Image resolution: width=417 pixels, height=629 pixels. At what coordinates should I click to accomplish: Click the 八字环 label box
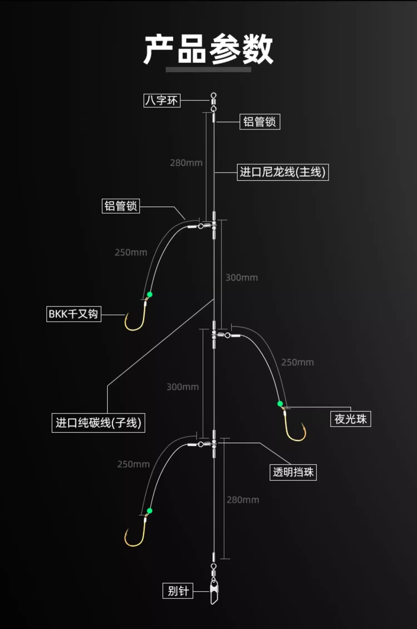(162, 100)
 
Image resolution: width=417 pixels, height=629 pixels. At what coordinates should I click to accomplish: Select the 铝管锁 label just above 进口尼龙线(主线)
(260, 122)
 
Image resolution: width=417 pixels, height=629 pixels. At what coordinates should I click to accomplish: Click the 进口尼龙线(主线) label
(283, 172)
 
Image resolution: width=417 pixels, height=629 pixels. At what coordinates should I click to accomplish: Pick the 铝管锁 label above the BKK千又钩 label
(121, 206)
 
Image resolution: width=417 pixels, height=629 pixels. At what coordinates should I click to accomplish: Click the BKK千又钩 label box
(74, 314)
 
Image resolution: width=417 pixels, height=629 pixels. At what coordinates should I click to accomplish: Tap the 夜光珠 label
(351, 419)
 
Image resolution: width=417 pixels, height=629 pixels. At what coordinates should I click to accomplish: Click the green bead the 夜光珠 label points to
(280, 404)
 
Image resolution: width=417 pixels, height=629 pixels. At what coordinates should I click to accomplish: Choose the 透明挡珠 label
(293, 472)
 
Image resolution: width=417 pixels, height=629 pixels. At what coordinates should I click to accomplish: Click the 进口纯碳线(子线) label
(98, 423)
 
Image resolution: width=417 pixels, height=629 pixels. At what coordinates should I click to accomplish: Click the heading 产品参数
(208, 49)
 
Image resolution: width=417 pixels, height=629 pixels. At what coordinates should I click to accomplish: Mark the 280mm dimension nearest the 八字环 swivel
(186, 163)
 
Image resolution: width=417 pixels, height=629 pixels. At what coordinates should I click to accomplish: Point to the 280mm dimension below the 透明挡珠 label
(243, 500)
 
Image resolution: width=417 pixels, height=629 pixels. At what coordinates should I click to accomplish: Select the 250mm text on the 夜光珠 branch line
(297, 362)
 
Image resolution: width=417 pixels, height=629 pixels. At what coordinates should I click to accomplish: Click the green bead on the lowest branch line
(150, 511)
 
